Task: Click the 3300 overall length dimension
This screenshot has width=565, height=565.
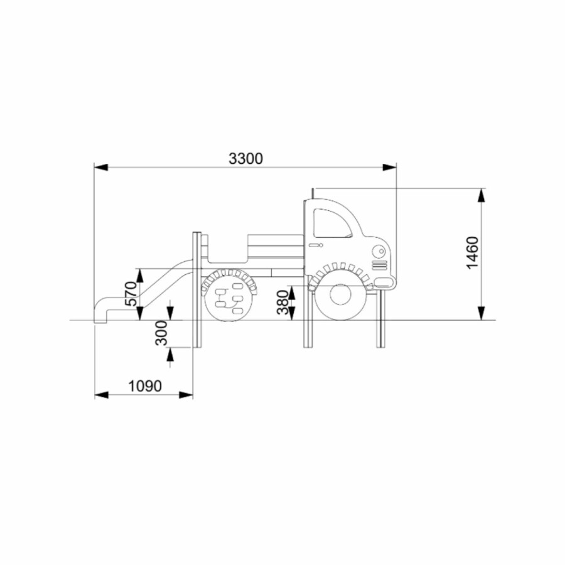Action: [x=245, y=159]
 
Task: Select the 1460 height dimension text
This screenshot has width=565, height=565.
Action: [x=472, y=252]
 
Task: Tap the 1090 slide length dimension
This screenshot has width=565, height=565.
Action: [x=145, y=386]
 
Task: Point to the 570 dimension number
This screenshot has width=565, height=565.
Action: [x=131, y=294]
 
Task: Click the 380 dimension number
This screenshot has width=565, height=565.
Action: [x=283, y=302]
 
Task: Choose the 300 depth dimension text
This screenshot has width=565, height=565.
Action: [x=161, y=333]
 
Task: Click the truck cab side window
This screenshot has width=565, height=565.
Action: [x=332, y=223]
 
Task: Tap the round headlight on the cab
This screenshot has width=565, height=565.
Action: [x=379, y=251]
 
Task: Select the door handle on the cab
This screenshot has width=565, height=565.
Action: [x=316, y=245]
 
